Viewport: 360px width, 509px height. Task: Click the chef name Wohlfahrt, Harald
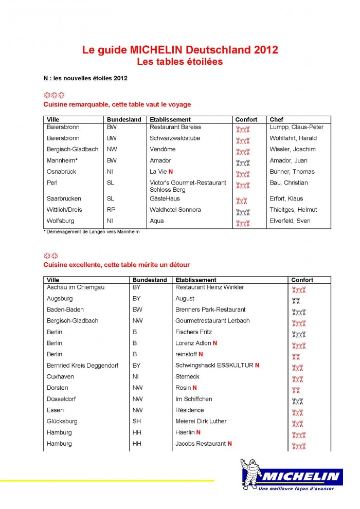coord(293,138)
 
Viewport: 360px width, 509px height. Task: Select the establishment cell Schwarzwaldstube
coord(175,138)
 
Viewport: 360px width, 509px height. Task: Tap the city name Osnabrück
coord(62,172)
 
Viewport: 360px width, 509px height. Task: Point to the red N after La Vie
coord(170,172)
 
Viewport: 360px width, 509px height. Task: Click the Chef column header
coord(276,120)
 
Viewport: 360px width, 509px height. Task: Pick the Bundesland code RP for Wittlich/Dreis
coord(111,210)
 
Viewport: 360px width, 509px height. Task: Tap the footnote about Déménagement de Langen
coord(92,232)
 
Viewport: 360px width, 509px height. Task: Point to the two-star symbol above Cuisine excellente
coord(50,256)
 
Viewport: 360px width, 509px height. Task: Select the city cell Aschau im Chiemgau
coord(76,287)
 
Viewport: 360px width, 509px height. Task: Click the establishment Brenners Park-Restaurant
coord(210,310)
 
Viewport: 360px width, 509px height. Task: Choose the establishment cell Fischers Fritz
coord(193,332)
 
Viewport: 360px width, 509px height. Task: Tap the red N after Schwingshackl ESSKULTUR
coord(257,366)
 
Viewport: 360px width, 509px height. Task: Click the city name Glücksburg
coord(62,421)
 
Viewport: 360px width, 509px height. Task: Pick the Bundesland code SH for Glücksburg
coord(136,421)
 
